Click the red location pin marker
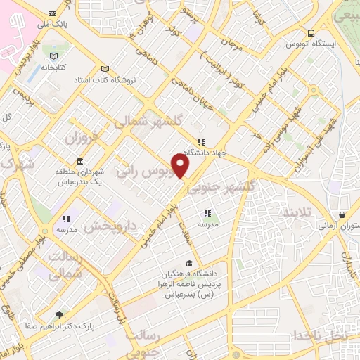181,166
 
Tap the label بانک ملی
53,24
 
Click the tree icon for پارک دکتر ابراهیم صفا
59,316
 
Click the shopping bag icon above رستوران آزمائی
342,215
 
